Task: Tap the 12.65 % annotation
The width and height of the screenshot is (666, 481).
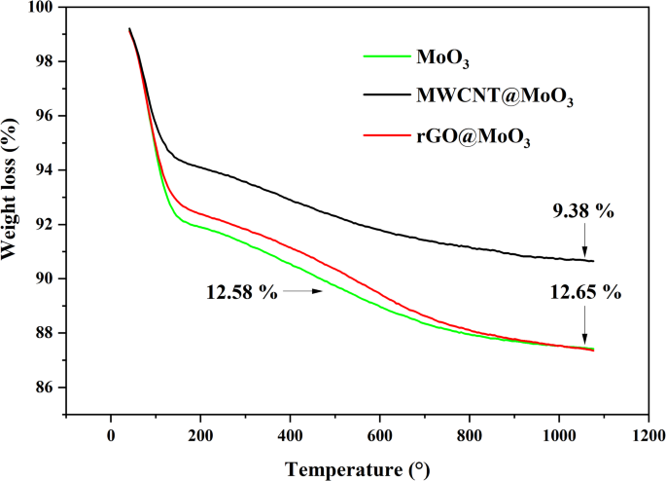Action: pos(584,290)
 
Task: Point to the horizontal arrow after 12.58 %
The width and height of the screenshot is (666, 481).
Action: pos(302,290)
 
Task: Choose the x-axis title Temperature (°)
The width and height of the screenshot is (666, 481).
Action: pos(357,468)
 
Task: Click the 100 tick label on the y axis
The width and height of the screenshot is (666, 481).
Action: pos(43,8)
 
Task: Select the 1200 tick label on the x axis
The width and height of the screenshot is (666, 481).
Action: pos(648,434)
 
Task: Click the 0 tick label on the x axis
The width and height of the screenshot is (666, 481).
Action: pos(111,434)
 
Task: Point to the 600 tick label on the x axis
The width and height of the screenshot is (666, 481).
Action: pos(380,434)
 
